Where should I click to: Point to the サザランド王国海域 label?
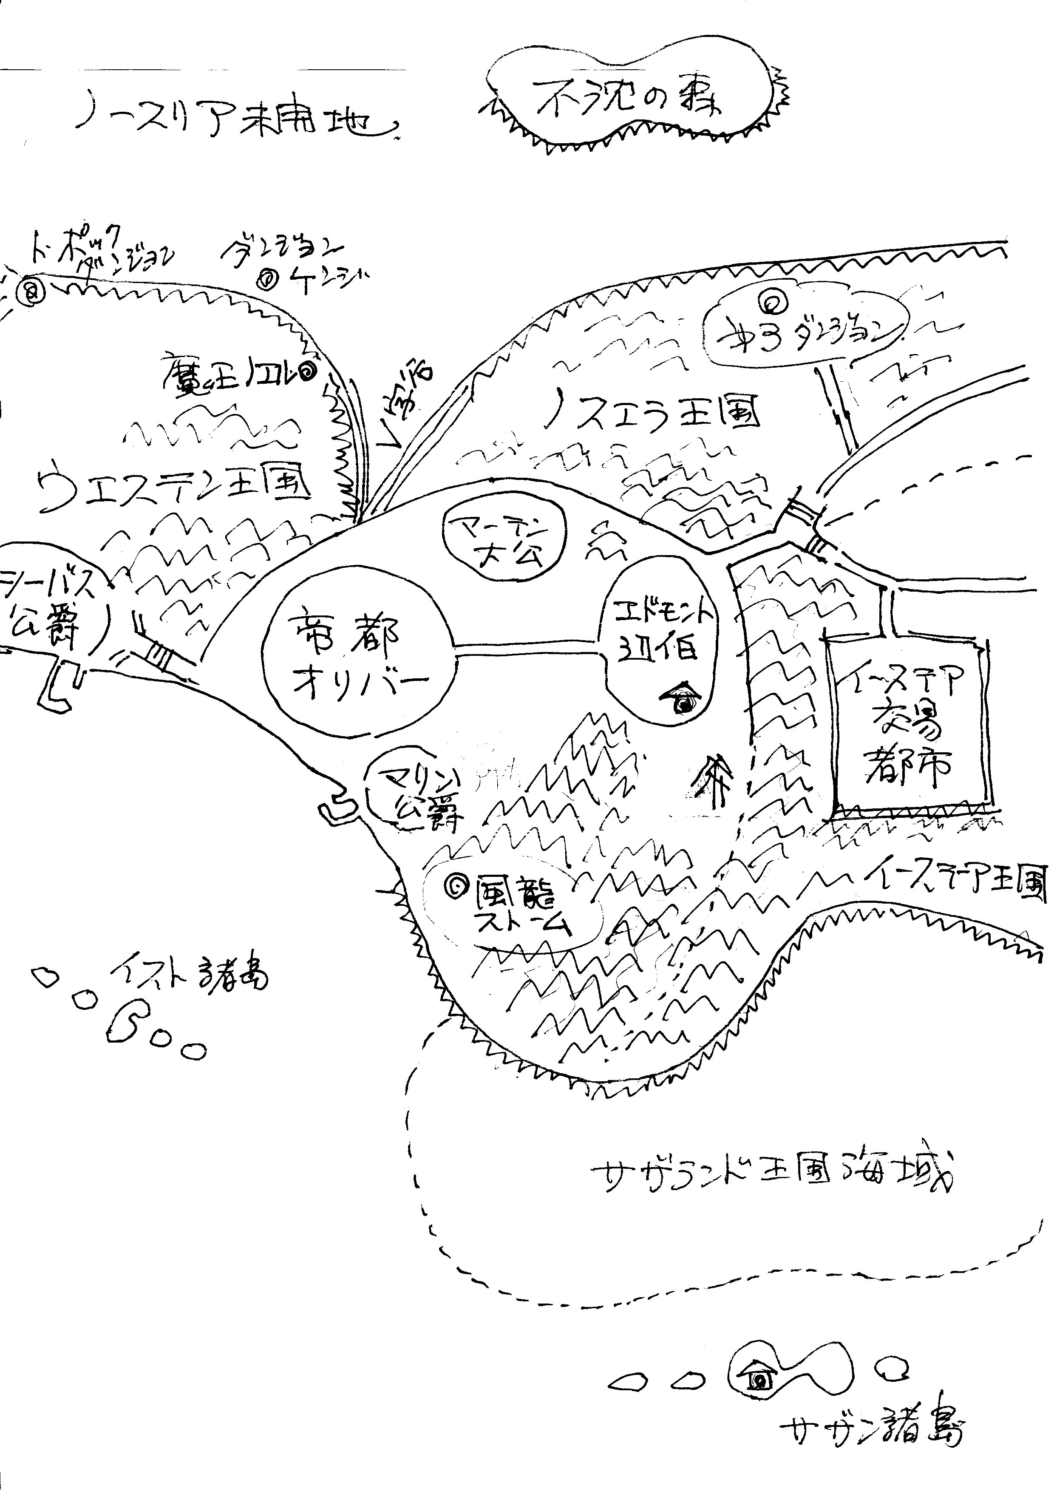773,1175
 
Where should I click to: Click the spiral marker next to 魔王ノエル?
307,371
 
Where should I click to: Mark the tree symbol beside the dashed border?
715,779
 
